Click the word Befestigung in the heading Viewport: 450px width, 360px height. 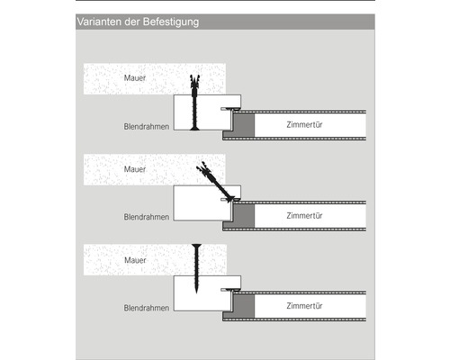tap(171, 22)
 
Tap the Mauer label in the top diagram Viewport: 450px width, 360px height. tap(135, 78)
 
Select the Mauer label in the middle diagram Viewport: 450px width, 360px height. tap(135, 169)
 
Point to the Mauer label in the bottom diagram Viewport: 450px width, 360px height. tap(135, 260)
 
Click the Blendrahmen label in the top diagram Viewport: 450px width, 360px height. tap(147, 127)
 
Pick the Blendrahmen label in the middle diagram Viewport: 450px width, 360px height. tap(147, 217)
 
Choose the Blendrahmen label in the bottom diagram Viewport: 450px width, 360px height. tap(147, 308)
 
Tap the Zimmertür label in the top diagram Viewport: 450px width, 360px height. tap(304, 124)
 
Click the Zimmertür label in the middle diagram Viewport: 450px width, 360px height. tap(304, 215)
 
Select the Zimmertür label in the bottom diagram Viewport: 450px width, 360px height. tap(304, 306)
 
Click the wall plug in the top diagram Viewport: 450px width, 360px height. tap(194, 85)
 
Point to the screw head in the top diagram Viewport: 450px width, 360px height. tap(194, 129)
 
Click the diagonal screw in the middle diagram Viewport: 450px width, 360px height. tap(215, 182)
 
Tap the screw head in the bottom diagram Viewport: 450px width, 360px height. tap(196, 247)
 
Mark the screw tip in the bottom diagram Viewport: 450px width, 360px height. tap(196, 292)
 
